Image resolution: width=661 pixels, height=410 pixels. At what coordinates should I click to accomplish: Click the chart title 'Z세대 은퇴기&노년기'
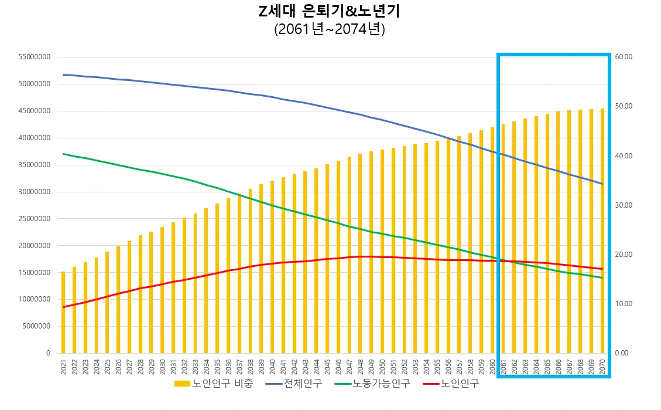[330, 11]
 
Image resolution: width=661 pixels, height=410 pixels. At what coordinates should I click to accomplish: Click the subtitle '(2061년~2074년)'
[330, 29]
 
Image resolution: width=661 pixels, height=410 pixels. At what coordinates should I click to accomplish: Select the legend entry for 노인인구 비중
[214, 384]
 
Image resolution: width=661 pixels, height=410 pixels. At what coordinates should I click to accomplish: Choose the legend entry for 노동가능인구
[372, 384]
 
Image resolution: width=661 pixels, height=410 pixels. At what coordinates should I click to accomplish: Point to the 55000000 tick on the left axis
[35, 57]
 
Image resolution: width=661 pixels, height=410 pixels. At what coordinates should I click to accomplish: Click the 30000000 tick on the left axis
[35, 192]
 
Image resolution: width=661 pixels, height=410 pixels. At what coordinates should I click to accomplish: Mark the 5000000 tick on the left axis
[36, 326]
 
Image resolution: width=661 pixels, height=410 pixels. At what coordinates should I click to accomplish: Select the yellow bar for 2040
[272, 267]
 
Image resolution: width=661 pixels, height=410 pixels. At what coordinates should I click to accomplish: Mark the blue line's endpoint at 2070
[602, 184]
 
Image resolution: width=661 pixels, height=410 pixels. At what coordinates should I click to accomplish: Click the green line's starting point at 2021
[63, 154]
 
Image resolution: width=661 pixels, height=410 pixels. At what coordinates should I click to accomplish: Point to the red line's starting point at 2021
[63, 307]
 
